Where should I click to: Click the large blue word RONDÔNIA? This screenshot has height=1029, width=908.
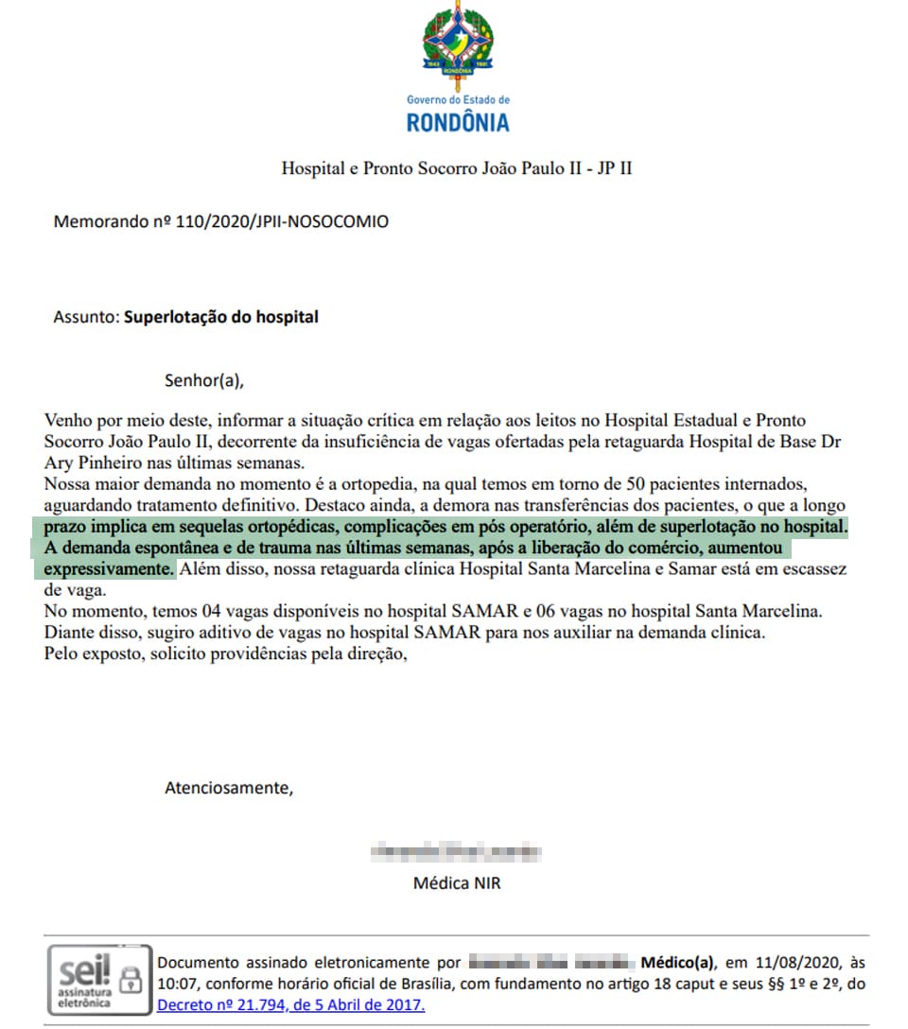458,122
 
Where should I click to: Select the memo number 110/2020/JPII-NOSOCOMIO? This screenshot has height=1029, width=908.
283,222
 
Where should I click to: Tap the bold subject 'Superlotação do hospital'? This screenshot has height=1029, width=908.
221,317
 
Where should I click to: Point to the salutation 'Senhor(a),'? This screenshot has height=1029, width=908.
204,381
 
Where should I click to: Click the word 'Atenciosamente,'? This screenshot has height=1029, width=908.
229,787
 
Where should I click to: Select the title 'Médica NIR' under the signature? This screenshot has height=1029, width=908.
457,883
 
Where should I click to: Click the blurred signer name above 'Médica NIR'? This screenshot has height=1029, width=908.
457,851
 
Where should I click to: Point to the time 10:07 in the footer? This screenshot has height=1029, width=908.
176,984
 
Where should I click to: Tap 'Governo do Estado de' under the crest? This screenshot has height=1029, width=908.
458,99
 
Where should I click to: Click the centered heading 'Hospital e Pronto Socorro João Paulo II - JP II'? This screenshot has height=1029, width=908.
457,169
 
